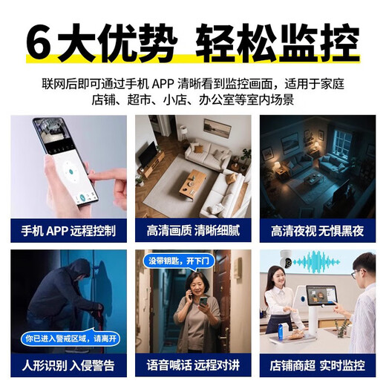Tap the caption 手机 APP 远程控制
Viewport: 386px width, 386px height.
pos(68,231)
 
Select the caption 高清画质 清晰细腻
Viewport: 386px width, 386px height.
pos(192,231)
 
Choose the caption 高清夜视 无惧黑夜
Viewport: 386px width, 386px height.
pos(317,231)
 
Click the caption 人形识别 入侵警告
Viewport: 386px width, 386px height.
pos(68,364)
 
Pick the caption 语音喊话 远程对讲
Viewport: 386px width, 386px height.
pos(192,364)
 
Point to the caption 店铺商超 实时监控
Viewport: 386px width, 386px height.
pos(317,364)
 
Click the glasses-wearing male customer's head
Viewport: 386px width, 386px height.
pos(362,269)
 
